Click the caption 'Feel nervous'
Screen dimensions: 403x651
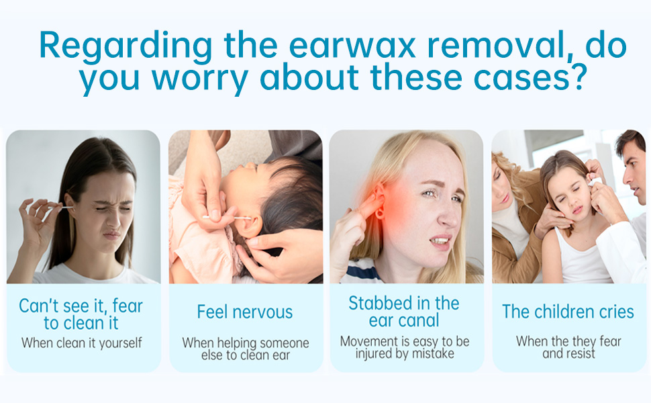click(x=245, y=312)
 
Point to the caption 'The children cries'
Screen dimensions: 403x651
click(x=568, y=312)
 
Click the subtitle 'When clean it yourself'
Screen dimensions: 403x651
click(x=82, y=343)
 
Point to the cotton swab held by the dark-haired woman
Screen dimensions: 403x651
click(x=57, y=210)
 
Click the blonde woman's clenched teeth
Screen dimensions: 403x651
click(x=440, y=240)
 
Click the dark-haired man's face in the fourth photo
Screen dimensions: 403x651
click(x=634, y=171)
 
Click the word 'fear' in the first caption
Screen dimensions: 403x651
click(x=128, y=306)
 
